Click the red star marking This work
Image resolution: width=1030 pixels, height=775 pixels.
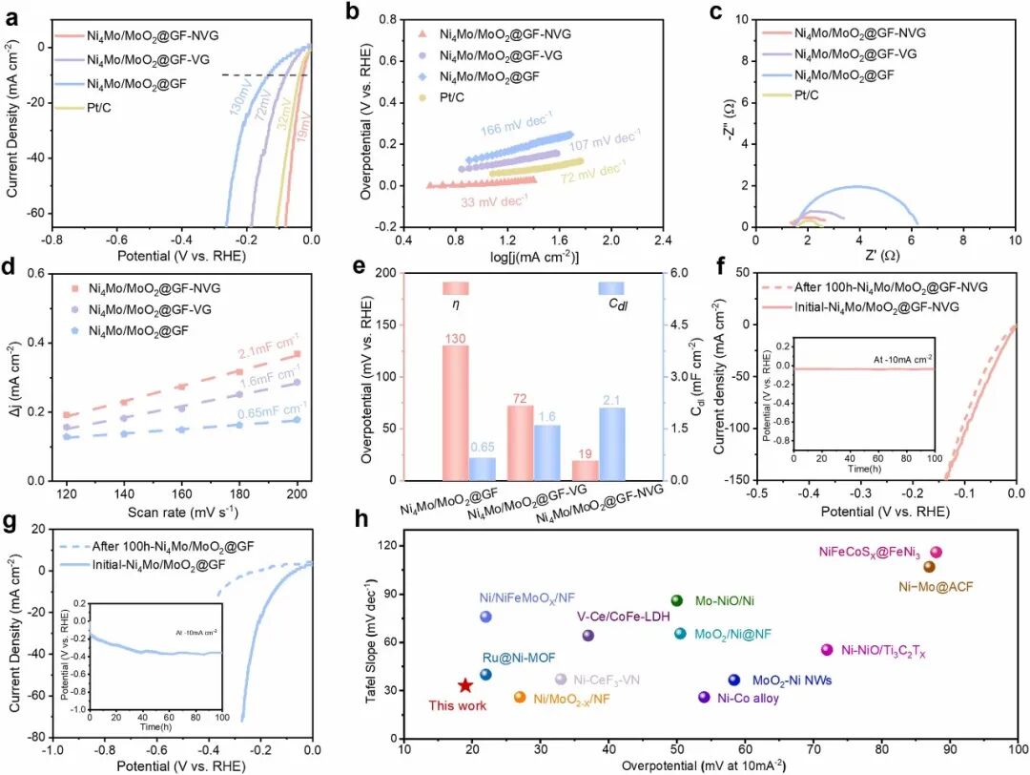(464, 685)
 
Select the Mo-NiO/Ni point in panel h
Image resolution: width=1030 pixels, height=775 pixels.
(676, 600)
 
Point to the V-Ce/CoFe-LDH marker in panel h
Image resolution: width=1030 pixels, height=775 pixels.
(588, 636)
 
